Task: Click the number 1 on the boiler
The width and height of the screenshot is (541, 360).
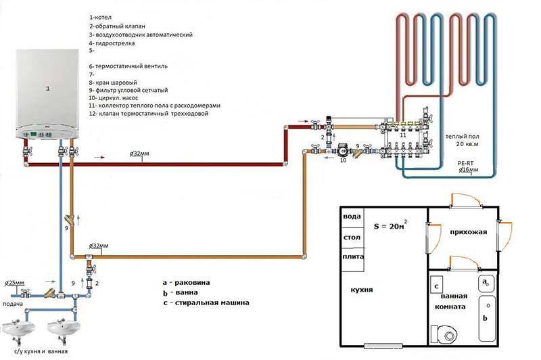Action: click(x=47, y=89)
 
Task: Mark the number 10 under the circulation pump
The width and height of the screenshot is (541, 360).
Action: click(x=342, y=161)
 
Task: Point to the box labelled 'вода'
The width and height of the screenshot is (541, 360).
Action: click(x=352, y=217)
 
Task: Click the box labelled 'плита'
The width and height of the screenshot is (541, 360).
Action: click(x=352, y=258)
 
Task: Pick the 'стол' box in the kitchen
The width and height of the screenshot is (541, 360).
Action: click(x=352, y=238)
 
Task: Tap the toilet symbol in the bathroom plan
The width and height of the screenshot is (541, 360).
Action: click(x=447, y=334)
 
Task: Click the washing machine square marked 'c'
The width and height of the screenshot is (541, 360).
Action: click(x=438, y=287)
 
